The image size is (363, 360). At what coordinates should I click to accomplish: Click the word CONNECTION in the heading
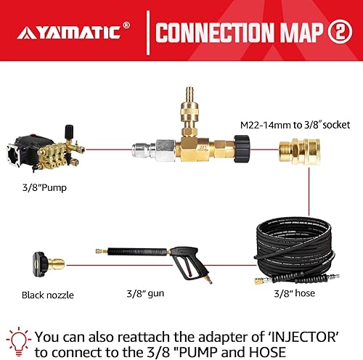point(206,33)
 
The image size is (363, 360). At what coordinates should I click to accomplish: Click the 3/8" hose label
point(297,292)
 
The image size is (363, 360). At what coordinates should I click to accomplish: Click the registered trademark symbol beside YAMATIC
point(127,24)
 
